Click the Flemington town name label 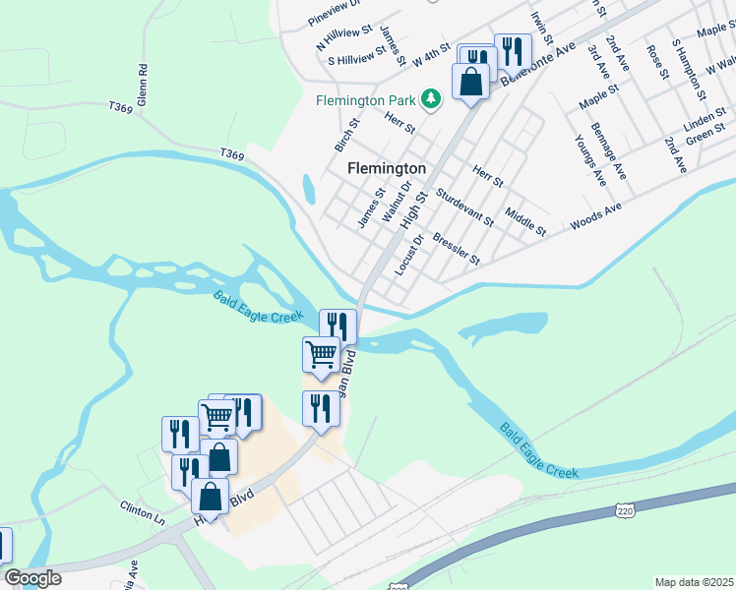click(387, 168)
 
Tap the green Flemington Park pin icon click(430, 99)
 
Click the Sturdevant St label click(464, 207)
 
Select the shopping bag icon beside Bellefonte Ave click(470, 81)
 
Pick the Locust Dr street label click(408, 256)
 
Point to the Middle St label click(525, 221)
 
